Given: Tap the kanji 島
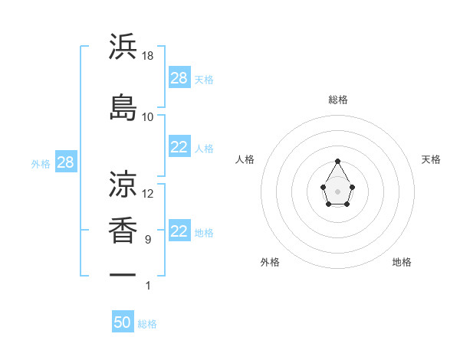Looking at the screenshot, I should tap(123, 106).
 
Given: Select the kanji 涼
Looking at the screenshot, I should tap(123, 184).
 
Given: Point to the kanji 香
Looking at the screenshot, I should tap(123, 230).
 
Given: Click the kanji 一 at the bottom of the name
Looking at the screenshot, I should tap(123, 274).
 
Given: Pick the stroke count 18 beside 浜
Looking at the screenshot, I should tap(148, 56).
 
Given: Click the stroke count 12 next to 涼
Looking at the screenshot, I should tap(148, 194).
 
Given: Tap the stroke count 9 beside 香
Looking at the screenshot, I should tap(148, 240).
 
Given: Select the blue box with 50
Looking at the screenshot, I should tap(123, 322).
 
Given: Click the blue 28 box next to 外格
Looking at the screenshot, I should tap(65, 163).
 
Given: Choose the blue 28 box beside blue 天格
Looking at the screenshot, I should tap(179, 78).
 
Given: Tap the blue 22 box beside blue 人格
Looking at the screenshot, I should tap(179, 148).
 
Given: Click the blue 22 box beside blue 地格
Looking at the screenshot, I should tap(179, 232).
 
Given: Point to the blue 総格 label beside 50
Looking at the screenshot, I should tap(147, 324).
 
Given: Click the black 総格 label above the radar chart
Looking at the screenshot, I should tap(337, 100).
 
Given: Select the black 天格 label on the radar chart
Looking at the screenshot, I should tap(431, 159).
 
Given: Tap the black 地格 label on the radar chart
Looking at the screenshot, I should tap(402, 262).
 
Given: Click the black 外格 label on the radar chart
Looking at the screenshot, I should tap(270, 262).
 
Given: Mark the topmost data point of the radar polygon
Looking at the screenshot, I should tap(337, 161).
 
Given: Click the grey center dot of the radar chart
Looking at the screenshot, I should tap(337, 191).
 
